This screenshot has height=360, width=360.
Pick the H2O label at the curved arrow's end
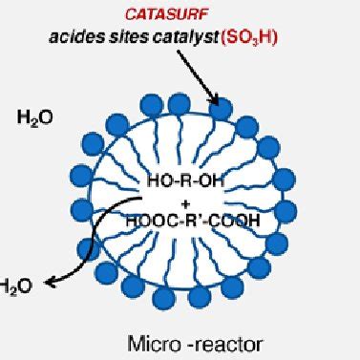coord(15,284)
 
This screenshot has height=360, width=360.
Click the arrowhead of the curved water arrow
coord(48,279)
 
